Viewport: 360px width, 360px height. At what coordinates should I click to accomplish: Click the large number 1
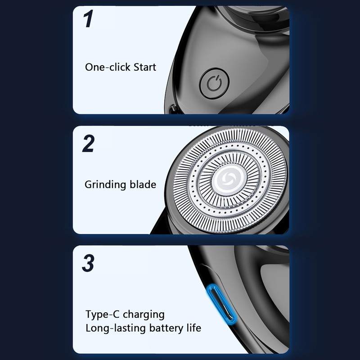(x=88, y=18)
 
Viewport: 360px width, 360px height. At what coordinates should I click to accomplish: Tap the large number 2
(x=88, y=144)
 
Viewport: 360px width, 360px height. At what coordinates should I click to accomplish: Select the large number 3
(x=88, y=263)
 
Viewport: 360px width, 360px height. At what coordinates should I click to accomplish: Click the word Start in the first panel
(x=145, y=67)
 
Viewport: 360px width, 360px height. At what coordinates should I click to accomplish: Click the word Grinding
(x=105, y=185)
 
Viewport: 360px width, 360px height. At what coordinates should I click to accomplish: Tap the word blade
(x=143, y=184)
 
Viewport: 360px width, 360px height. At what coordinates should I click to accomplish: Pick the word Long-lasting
(x=116, y=328)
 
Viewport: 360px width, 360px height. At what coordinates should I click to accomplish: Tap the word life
(x=194, y=328)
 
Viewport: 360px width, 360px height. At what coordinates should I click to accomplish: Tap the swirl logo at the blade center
(x=229, y=179)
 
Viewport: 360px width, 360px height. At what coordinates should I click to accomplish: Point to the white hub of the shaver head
(x=229, y=179)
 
